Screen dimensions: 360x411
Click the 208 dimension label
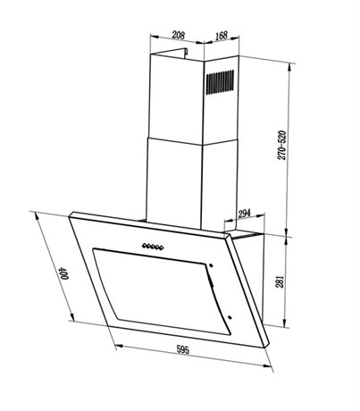click(x=179, y=35)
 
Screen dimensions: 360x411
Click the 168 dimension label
click(x=222, y=36)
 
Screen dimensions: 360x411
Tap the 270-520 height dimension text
click(x=281, y=146)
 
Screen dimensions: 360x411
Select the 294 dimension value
click(x=244, y=214)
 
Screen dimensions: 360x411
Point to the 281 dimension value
click(x=280, y=281)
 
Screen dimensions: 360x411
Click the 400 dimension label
click(x=63, y=273)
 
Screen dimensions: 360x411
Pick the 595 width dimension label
click(x=183, y=349)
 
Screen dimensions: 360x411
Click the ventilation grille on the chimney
click(x=220, y=82)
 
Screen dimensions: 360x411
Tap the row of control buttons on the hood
click(x=153, y=247)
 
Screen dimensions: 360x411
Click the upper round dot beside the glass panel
click(x=211, y=265)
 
